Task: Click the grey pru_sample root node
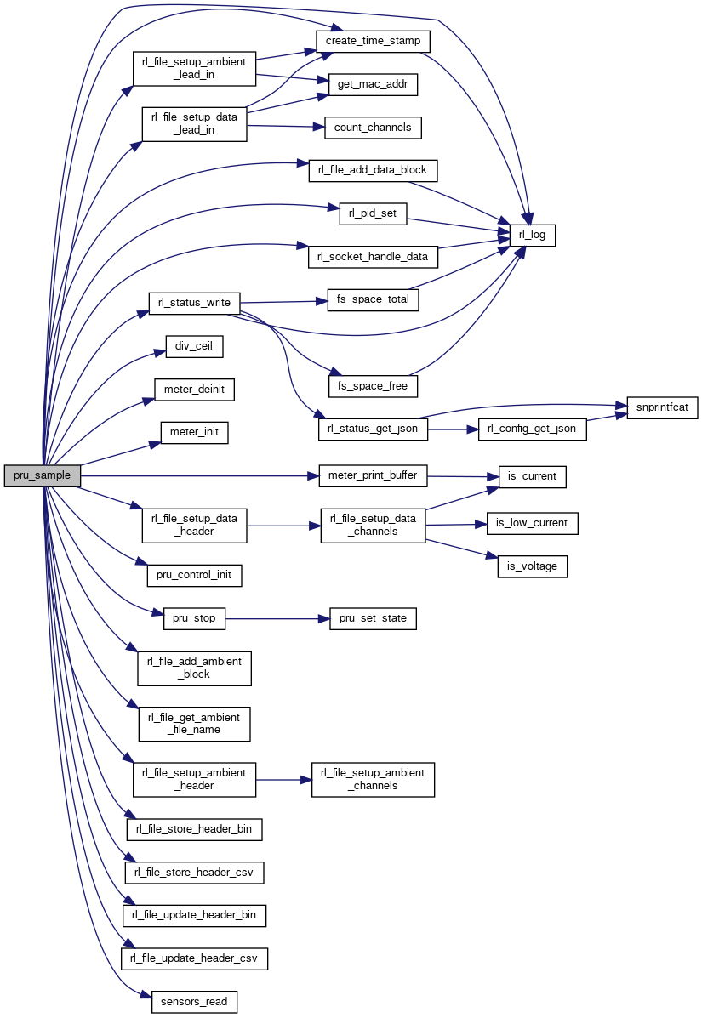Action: [43, 476]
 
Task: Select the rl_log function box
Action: [532, 234]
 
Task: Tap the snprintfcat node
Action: [662, 407]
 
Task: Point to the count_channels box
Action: [373, 128]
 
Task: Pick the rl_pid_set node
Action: [373, 213]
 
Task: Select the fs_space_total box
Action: [373, 300]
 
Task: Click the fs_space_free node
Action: [373, 386]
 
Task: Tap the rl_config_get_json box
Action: [533, 429]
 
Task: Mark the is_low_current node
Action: [532, 523]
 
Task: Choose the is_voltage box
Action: [532, 566]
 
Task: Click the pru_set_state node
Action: [373, 618]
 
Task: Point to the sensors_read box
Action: [194, 1002]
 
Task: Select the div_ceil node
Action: [194, 347]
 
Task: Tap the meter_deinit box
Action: [194, 390]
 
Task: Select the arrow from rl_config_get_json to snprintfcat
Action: [607, 418]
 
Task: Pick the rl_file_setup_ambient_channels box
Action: [373, 779]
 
